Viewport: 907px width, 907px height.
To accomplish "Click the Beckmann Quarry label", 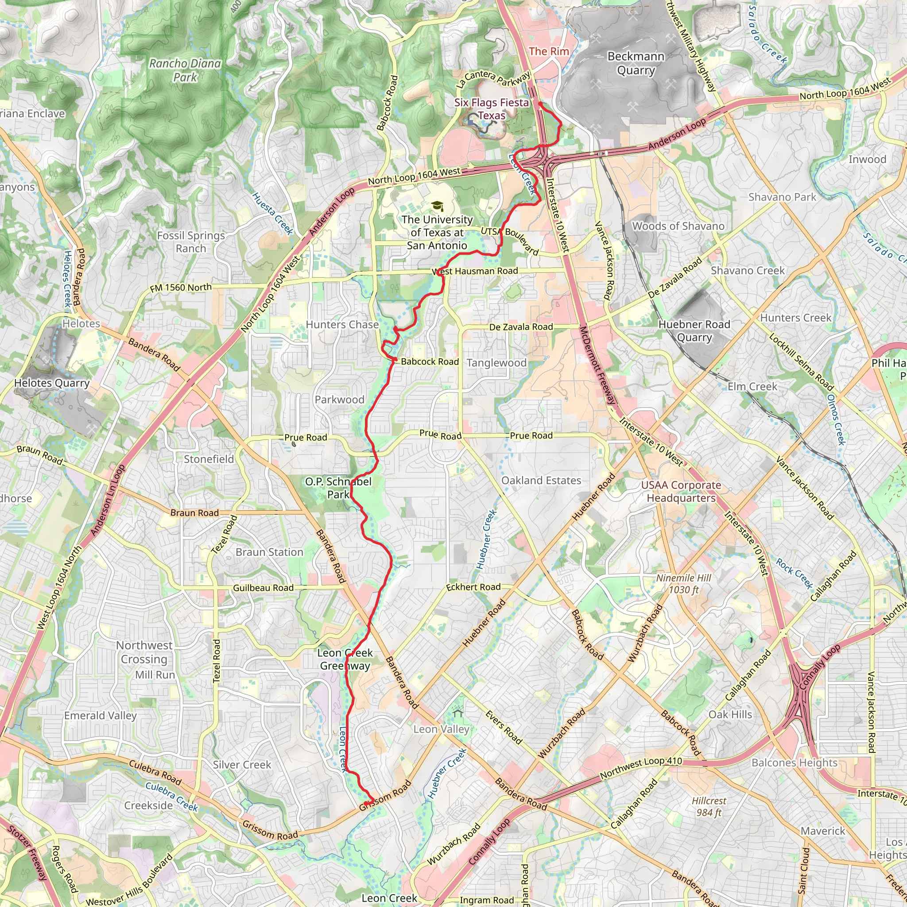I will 636,63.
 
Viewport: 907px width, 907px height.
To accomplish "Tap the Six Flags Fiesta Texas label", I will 492,109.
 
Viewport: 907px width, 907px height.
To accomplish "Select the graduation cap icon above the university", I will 437,206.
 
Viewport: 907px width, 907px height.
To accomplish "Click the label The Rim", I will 549,52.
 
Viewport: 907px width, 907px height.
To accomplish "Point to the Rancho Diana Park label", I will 185,70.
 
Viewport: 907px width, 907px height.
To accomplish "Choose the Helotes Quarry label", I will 52,383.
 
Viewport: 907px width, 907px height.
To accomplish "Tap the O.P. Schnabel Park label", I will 338,488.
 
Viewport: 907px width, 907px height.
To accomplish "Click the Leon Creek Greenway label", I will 345,659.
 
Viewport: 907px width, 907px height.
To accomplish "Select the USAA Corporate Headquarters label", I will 681,491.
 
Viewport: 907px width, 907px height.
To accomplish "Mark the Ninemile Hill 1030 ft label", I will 683,584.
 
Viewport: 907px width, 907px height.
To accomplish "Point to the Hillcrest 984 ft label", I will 709,806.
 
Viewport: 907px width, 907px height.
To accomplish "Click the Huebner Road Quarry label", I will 694,331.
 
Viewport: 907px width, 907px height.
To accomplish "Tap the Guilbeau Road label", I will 264,588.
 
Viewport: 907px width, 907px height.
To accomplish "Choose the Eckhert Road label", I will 473,587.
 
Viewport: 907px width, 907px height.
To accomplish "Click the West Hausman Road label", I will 475,271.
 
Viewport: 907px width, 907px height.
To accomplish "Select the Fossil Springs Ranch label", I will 191,242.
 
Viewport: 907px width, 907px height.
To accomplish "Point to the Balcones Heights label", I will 795,763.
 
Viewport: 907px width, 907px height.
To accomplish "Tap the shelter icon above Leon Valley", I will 458,713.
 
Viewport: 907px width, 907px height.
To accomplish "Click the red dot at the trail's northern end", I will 540,104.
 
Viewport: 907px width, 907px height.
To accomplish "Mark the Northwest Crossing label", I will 144,652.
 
